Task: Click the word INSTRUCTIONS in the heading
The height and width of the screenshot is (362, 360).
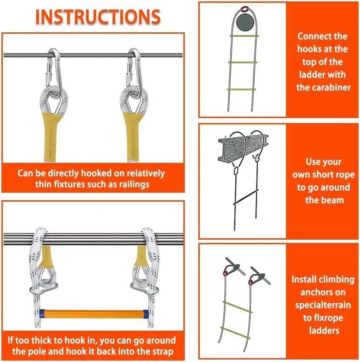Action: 98,17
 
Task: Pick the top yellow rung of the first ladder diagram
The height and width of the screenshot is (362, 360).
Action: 244,36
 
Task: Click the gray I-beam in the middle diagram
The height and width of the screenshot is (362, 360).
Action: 243,148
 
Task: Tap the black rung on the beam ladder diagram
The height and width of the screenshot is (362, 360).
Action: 246,197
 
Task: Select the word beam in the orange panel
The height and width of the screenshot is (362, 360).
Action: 324,200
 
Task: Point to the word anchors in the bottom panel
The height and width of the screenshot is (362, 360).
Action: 323,292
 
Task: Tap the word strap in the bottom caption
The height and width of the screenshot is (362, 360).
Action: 162,352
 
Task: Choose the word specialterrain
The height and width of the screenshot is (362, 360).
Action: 323,305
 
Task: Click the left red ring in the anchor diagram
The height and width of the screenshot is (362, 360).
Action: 225,273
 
